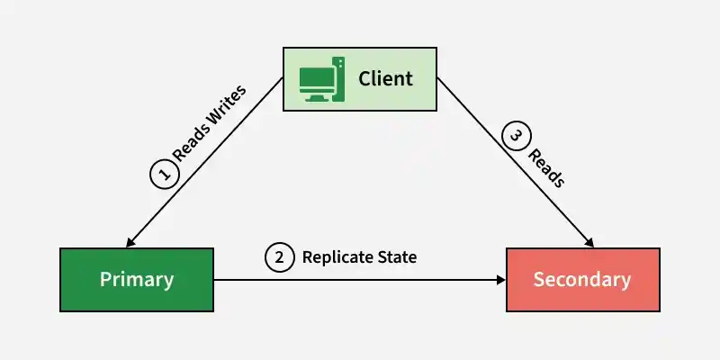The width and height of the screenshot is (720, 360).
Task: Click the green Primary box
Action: pos(137,280)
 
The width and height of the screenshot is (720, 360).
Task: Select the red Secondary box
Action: pos(582,280)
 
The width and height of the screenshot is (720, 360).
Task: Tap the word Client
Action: pos(385,78)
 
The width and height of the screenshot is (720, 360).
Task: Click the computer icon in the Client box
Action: pos(322,79)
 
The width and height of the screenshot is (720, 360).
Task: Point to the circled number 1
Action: pos(165,174)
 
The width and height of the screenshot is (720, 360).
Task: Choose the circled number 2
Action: pos(279,257)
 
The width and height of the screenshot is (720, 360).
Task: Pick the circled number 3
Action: pos(517,136)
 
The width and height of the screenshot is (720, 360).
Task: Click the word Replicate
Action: pos(337,257)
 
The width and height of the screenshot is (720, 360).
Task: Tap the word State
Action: pos(397,257)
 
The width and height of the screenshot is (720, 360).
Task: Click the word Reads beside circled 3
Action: pos(546,168)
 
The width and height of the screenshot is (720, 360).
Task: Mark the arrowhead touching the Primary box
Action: pos(130,242)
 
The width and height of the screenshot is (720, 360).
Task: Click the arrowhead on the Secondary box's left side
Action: pos(501,280)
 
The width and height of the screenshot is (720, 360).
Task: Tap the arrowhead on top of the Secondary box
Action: pos(589,242)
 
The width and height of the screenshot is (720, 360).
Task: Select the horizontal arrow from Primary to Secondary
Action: pos(359,280)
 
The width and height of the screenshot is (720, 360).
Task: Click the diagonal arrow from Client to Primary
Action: pos(204,163)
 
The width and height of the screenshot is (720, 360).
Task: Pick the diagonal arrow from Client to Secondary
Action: pos(515,163)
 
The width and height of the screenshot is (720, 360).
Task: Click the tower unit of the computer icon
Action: pos(338,79)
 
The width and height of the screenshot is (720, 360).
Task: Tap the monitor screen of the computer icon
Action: pos(316,78)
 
